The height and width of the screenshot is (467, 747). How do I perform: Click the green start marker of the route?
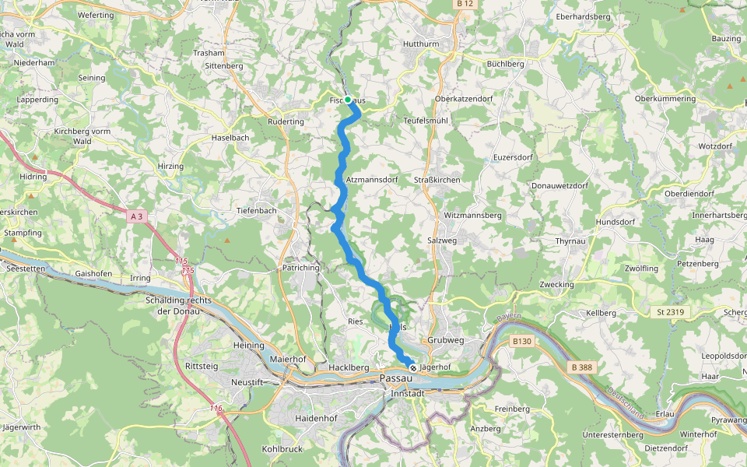348,100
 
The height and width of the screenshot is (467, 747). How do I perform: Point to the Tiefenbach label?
258,210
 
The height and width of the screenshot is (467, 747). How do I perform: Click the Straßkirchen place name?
437,180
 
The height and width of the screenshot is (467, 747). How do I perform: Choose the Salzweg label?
442,241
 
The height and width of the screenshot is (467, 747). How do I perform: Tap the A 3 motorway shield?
136,216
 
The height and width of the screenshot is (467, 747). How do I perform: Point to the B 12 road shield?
465,4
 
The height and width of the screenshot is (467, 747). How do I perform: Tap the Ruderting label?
286,121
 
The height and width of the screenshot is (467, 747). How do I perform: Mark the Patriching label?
300,268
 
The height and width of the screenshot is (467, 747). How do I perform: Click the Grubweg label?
445,340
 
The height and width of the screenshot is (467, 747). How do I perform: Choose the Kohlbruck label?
282,449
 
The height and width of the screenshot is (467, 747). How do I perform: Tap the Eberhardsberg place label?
583,16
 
